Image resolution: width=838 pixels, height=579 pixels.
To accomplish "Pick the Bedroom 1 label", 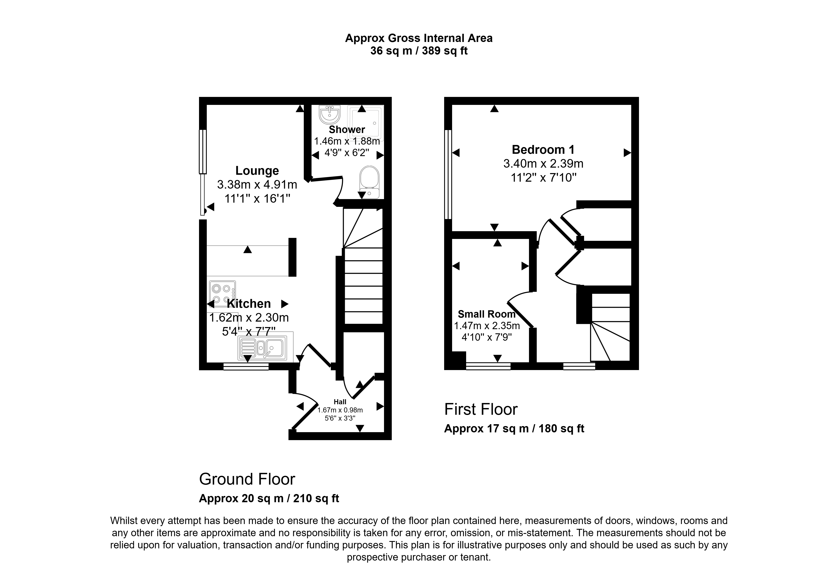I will (543, 149).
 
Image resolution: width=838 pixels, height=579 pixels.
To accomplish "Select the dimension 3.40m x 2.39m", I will (543, 164).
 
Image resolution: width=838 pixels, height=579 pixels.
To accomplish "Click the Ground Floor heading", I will (247, 479).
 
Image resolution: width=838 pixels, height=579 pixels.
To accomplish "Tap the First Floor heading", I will (481, 409).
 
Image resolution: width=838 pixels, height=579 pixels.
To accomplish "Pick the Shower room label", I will (347, 129).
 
